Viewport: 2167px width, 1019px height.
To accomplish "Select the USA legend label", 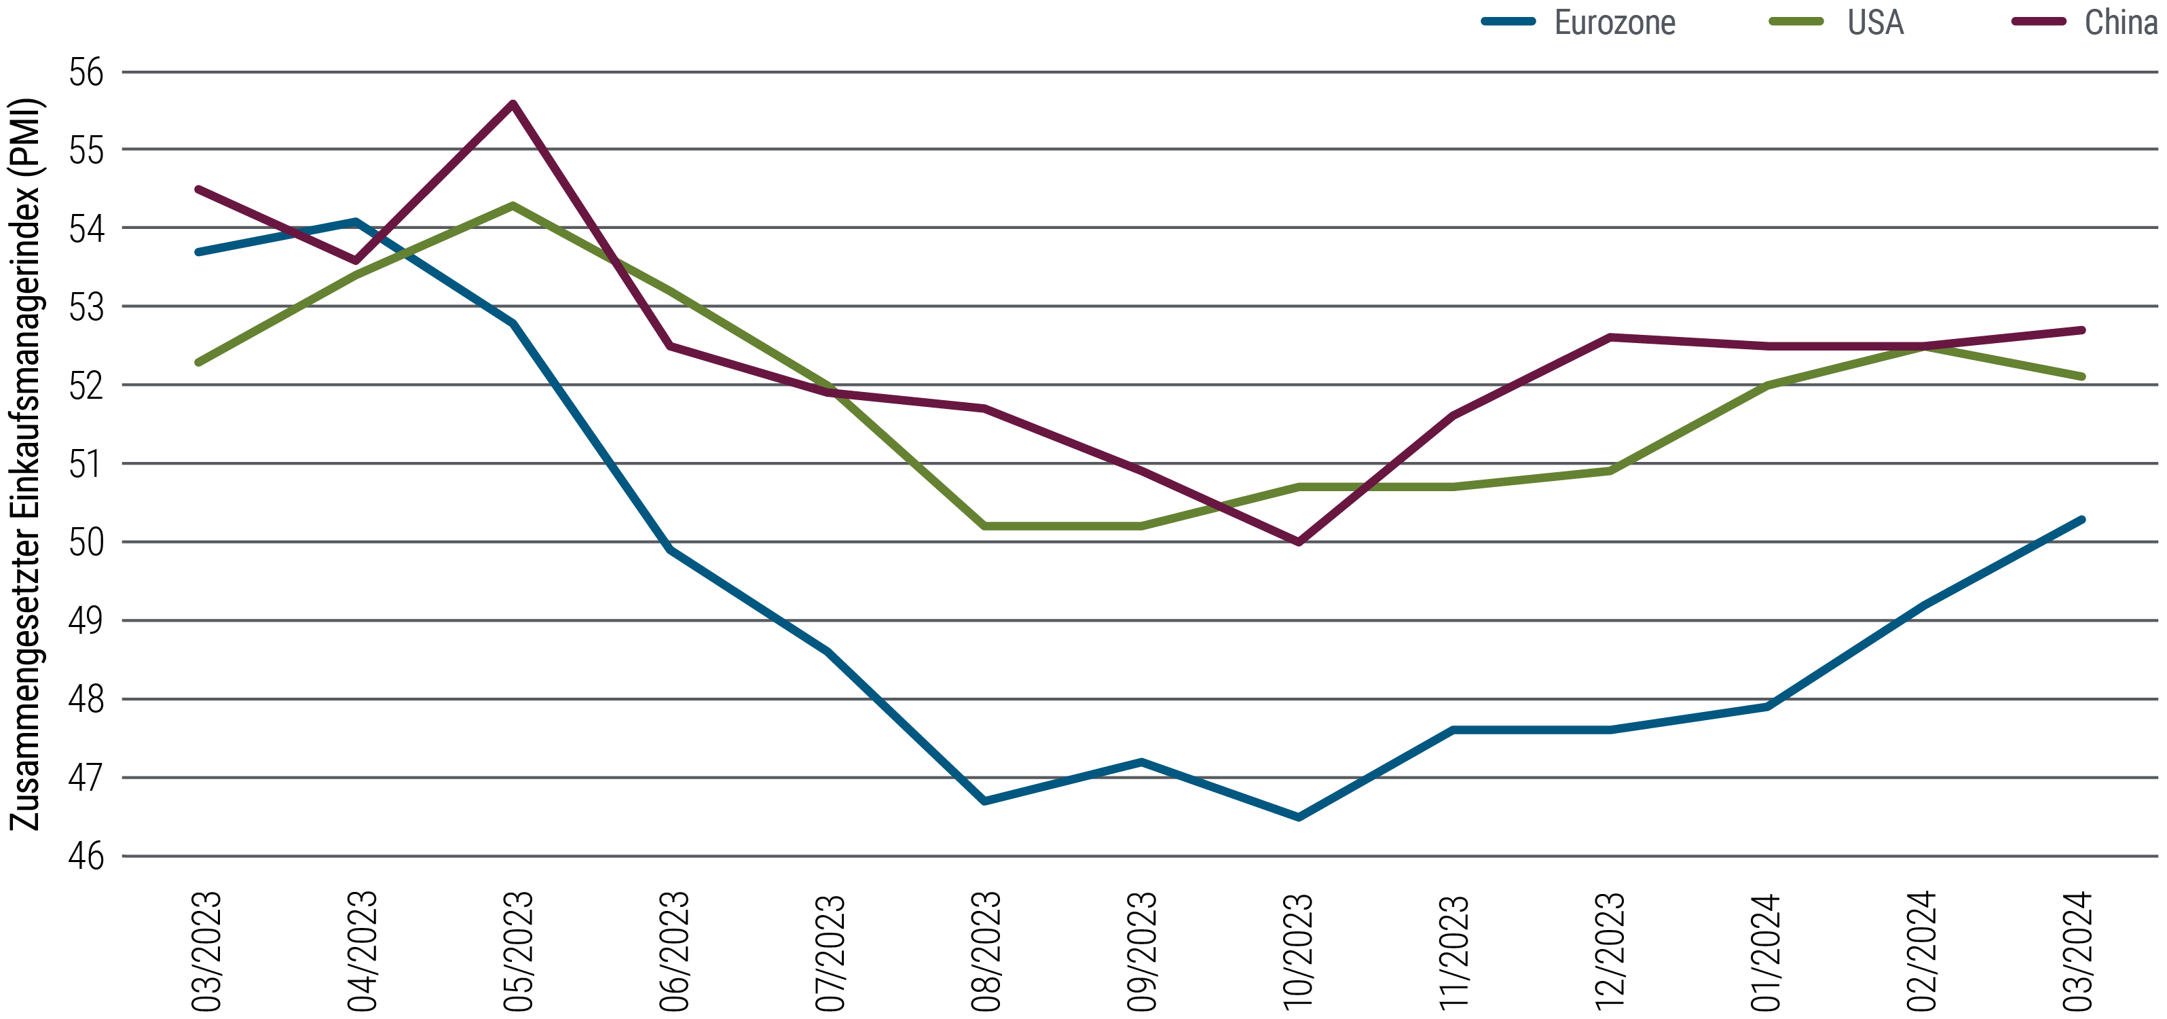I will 1875,22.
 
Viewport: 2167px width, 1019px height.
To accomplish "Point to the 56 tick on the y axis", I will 87,73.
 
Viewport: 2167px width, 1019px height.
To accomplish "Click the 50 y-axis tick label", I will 87,542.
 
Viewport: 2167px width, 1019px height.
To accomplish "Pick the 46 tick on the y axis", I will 87,857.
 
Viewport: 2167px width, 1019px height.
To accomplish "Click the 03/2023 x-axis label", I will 206,951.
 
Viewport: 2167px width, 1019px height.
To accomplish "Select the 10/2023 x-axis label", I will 1297,951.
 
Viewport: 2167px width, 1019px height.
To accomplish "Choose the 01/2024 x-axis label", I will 1766,951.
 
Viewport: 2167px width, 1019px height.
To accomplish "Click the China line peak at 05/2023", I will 513,103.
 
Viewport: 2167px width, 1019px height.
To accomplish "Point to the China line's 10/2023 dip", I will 1299,542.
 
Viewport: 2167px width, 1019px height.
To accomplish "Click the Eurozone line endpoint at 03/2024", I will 2082,519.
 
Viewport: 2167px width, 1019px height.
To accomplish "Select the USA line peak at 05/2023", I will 513,205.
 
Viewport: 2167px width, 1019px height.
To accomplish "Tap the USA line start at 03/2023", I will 198,363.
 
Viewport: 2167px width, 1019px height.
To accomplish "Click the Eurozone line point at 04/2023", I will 356,222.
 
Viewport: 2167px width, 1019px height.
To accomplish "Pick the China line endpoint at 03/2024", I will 2082,330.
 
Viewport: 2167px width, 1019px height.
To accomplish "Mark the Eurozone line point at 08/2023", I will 984,801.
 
